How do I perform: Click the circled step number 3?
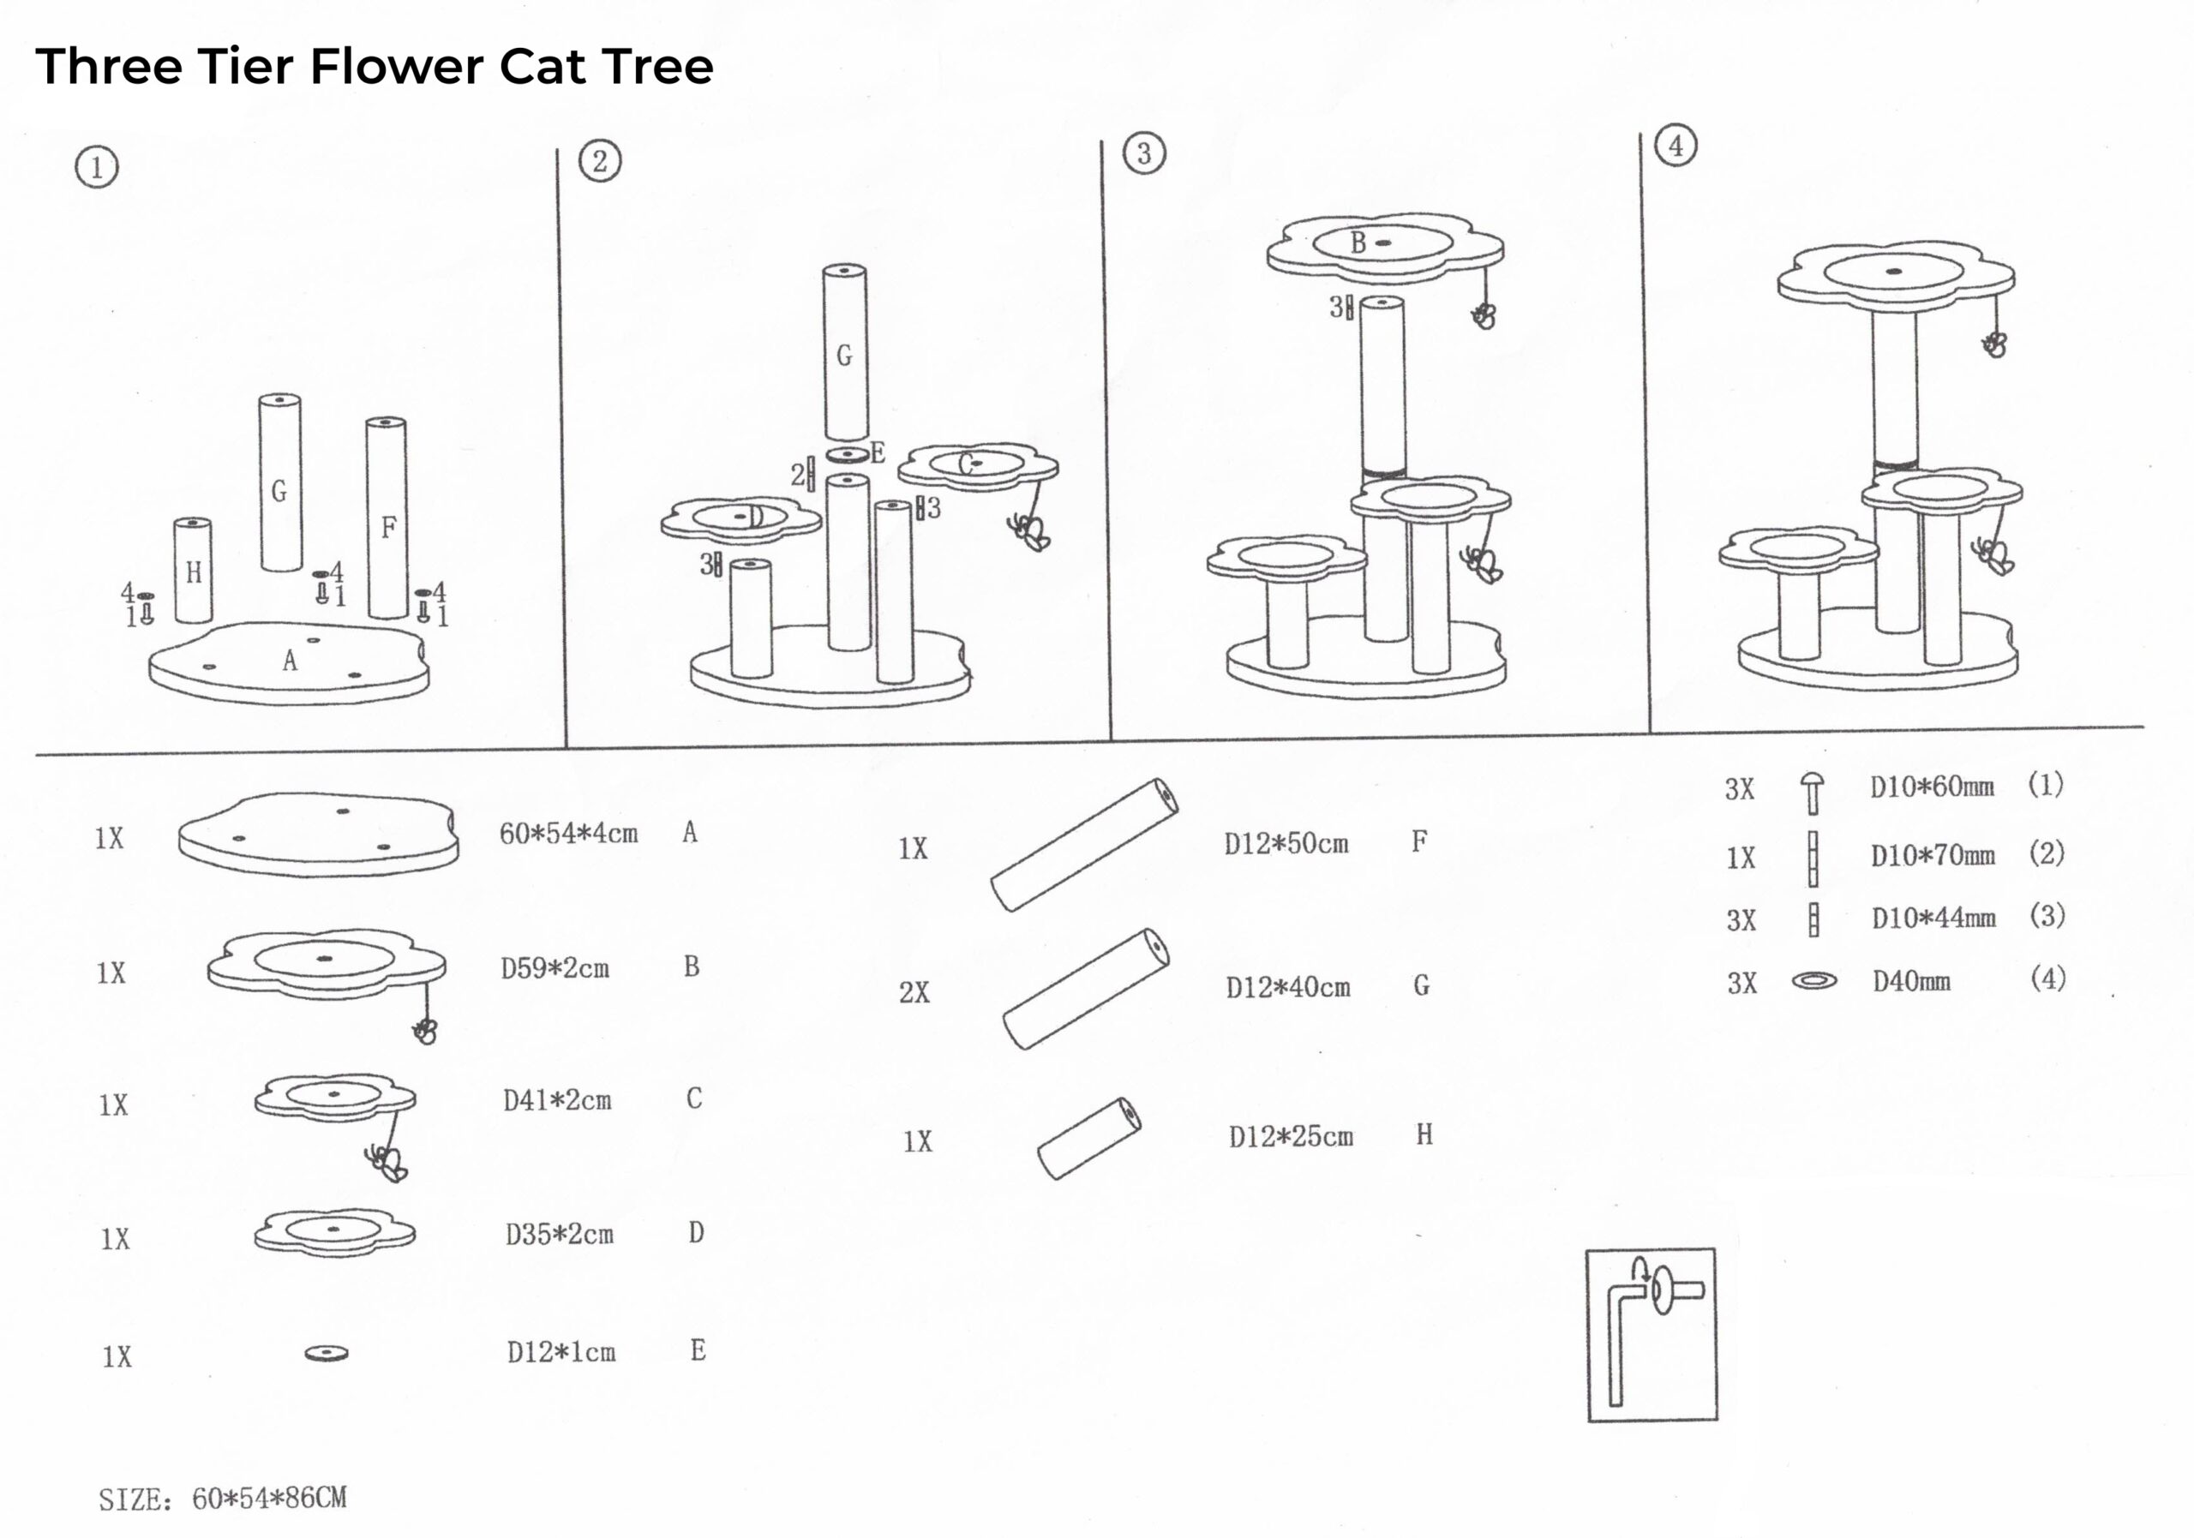tap(1144, 154)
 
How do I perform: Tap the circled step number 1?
tap(97, 168)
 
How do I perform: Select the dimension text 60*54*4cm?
tap(568, 834)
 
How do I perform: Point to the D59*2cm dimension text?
tap(555, 969)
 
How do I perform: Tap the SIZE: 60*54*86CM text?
tap(223, 1499)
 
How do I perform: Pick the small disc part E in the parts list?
tap(327, 1354)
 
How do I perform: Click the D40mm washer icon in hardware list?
tap(1813, 981)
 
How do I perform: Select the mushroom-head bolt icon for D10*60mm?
tap(1812, 792)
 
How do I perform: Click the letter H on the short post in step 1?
tap(194, 573)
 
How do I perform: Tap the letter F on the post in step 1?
tap(388, 527)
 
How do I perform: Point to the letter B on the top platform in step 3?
tap(1358, 243)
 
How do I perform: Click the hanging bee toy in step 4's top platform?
tap(1993, 344)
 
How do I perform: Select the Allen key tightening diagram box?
tap(1651, 1335)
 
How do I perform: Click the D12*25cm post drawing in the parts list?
tap(1089, 1139)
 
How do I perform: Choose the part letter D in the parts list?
tap(697, 1233)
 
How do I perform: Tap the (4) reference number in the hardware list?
tap(2047, 979)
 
